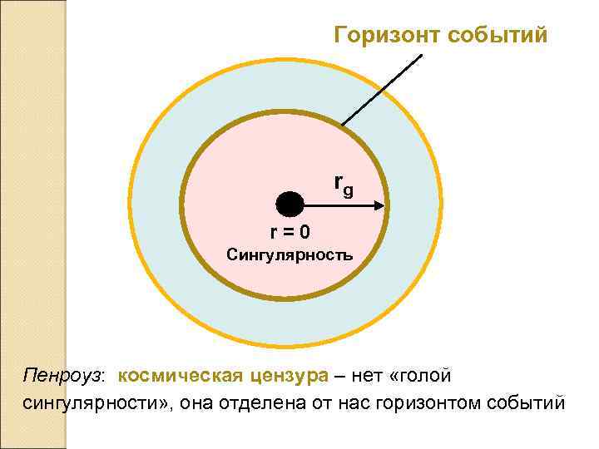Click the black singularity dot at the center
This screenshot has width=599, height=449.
290,204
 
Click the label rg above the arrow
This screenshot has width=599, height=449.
343,185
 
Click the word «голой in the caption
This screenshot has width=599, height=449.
421,376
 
